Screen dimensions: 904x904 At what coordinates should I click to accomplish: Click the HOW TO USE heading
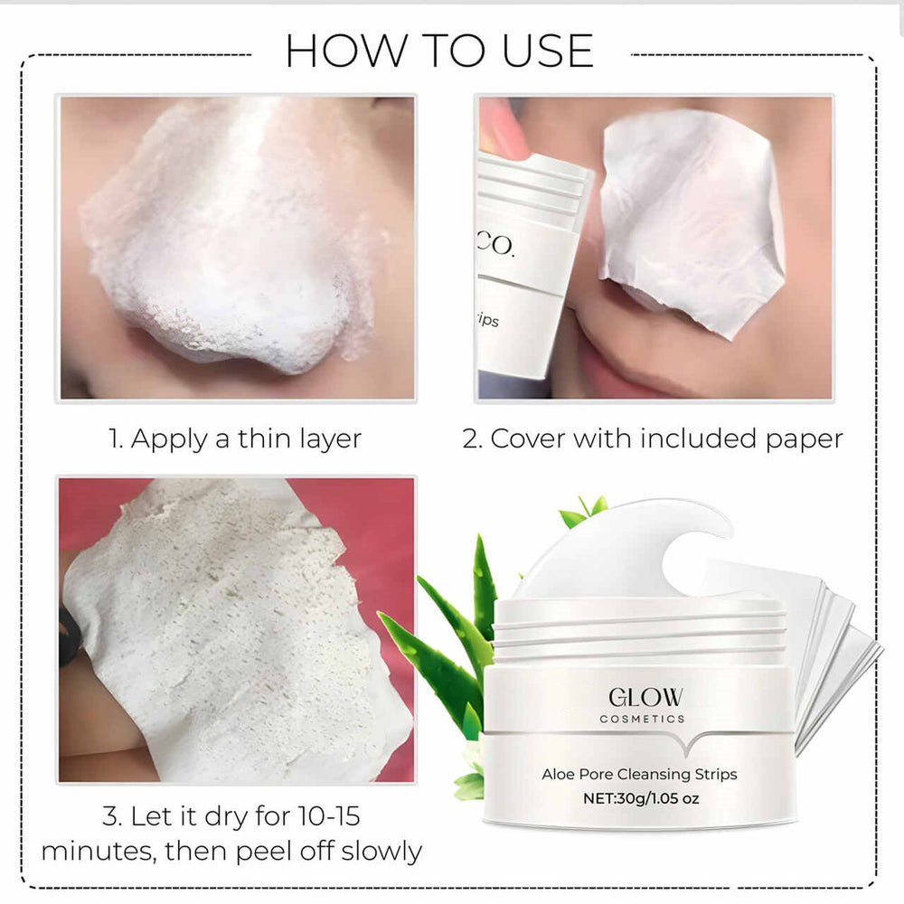pos(439,51)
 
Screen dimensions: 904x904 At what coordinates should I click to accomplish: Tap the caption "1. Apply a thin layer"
pos(235,439)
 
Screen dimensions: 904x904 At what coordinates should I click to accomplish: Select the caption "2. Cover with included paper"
pos(653,439)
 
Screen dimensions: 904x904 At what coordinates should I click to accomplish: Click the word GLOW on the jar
pos(645,697)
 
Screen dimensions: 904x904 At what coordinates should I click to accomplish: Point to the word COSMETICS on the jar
pos(644,719)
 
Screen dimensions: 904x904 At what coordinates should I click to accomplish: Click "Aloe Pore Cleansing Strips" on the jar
pos(639,774)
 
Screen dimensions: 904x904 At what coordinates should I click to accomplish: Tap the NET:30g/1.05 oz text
pos(640,798)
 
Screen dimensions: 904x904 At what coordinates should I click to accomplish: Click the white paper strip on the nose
pos(692,217)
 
